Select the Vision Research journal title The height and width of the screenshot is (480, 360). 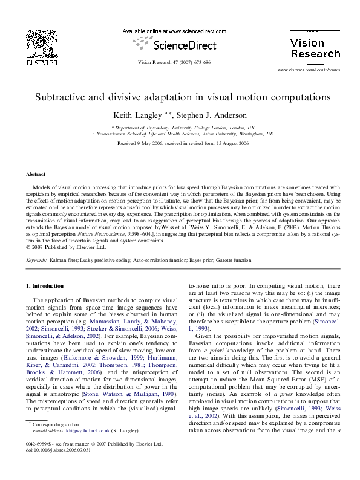click(x=315, y=48)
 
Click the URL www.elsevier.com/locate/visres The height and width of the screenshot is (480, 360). click(x=309, y=71)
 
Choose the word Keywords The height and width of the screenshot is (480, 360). click(x=36, y=260)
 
